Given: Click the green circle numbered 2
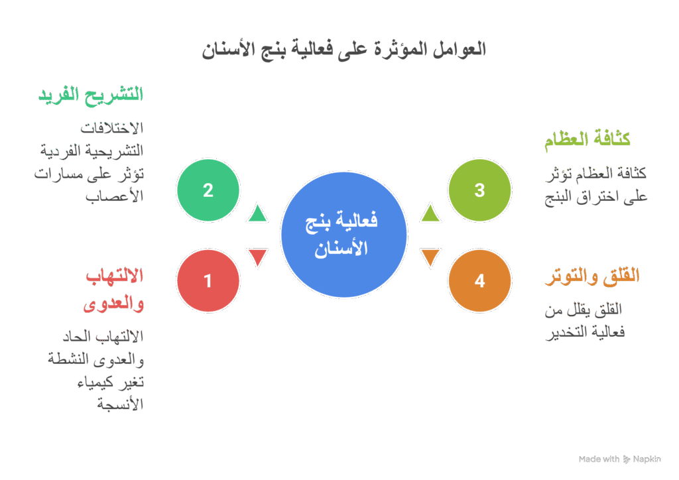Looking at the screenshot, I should coord(208,191).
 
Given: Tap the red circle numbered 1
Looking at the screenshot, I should coord(208,280).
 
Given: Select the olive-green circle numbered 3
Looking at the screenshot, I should coord(479,191).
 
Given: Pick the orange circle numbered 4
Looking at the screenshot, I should coord(479,280).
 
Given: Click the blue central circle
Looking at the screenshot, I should coord(343,235).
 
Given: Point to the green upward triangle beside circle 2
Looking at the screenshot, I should coord(257,213).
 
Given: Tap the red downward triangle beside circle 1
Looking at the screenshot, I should coord(257,257).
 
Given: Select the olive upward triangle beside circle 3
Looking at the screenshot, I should coord(430,213).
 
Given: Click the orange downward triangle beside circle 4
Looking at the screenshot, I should coord(430,257).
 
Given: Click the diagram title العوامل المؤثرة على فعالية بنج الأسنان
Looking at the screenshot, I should coord(343,50).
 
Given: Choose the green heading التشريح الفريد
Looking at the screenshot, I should coord(91,95).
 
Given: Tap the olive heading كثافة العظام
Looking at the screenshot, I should coord(586,140).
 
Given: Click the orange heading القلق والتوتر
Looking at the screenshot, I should coord(591,276).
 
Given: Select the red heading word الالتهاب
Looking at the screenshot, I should coord(114,276).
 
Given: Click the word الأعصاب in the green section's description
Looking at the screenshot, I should coord(115,197).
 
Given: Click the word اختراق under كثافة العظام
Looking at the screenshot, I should coord(595,197).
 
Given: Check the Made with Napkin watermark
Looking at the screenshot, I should coord(619,459).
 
